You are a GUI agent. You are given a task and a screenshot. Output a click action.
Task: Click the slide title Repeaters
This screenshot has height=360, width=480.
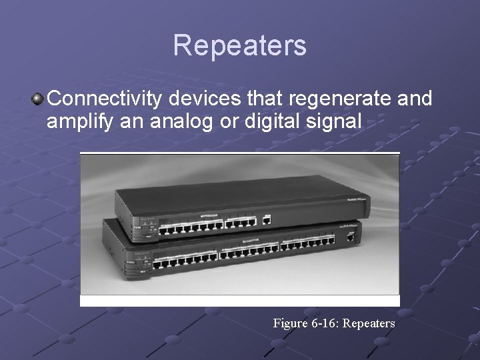click(x=240, y=46)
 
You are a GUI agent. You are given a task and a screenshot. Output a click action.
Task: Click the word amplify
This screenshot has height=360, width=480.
click(x=76, y=123)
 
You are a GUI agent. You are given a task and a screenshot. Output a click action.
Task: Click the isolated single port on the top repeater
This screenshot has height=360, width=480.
click(x=267, y=218)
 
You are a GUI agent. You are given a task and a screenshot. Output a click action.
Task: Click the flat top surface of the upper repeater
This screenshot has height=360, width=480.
click(x=233, y=197)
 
